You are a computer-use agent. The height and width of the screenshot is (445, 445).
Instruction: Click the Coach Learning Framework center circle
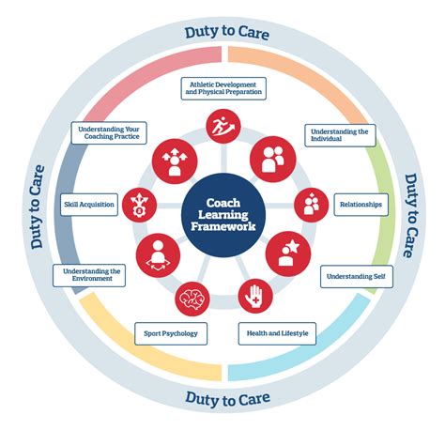[223, 215]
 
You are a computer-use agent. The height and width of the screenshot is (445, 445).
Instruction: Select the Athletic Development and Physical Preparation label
[223, 88]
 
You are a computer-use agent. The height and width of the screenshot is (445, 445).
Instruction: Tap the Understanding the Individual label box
[340, 135]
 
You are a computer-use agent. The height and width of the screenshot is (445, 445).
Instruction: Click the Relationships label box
[361, 205]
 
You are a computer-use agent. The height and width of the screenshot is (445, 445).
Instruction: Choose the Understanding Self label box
[357, 276]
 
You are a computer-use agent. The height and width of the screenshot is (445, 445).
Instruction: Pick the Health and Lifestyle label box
[277, 333]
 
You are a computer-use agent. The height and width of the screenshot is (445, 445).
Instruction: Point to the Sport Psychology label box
[171, 333]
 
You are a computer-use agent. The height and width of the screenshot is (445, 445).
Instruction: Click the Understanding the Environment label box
[89, 275]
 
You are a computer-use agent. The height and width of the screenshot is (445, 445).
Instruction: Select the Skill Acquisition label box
[89, 205]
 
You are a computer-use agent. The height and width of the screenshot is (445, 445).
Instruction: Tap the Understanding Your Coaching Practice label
[109, 132]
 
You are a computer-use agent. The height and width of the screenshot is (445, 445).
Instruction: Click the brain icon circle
[192, 299]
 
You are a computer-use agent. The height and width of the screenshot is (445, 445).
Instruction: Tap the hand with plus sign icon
[255, 296]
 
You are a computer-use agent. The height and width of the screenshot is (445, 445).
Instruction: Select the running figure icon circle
[223, 126]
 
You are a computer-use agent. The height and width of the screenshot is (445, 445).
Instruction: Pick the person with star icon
[288, 253]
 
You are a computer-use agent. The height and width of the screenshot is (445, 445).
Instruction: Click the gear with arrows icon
[139, 205]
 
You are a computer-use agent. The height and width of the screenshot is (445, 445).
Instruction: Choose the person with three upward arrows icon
[175, 161]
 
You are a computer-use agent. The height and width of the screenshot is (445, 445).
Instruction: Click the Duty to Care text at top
[227, 33]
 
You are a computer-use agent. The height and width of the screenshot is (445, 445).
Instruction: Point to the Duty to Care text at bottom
[227, 399]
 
